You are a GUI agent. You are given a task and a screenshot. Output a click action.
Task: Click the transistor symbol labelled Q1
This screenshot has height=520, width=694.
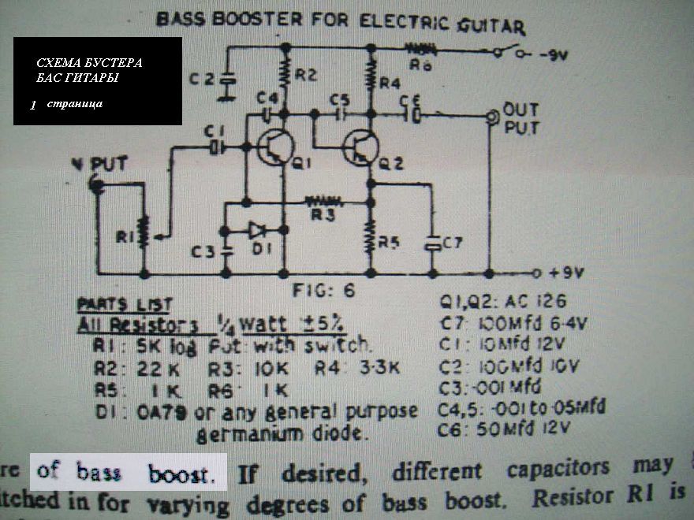tap(275, 148)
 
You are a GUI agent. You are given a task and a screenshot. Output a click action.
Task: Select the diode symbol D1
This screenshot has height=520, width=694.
tap(256, 230)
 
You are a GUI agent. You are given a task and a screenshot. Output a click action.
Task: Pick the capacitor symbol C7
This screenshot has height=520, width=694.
tap(433, 243)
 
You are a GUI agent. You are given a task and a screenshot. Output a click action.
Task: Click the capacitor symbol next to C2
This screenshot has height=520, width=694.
tap(228, 79)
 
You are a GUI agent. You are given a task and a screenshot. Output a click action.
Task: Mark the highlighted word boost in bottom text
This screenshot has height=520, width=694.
tap(181, 474)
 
